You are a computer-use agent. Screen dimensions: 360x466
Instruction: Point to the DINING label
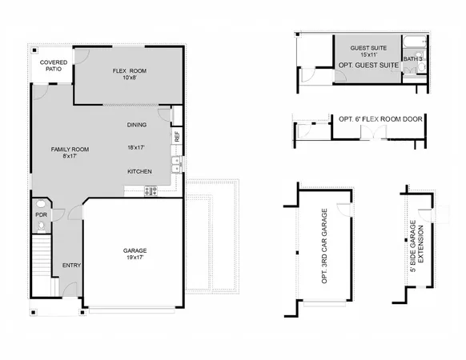click(x=137, y=126)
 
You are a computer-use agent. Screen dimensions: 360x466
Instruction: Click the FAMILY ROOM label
click(x=70, y=150)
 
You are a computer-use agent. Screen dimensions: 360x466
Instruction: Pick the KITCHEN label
click(x=139, y=172)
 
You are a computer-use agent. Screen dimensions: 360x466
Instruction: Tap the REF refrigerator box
click(x=176, y=136)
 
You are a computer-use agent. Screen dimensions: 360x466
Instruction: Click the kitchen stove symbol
click(x=149, y=191)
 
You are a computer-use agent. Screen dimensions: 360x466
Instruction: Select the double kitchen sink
click(x=175, y=166)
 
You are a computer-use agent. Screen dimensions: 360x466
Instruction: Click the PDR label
click(x=41, y=215)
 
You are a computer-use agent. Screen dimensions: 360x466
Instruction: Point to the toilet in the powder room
click(x=42, y=227)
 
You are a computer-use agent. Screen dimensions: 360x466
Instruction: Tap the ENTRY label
click(x=70, y=266)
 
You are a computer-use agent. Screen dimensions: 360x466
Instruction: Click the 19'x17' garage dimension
click(x=134, y=258)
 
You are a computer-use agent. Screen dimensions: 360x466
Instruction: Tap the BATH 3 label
click(x=412, y=58)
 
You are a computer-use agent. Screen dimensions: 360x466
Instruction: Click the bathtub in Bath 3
click(x=414, y=42)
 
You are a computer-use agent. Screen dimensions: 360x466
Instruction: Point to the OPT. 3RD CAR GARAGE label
click(x=324, y=247)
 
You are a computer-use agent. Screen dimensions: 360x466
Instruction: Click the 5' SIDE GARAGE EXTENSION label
click(x=416, y=246)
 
